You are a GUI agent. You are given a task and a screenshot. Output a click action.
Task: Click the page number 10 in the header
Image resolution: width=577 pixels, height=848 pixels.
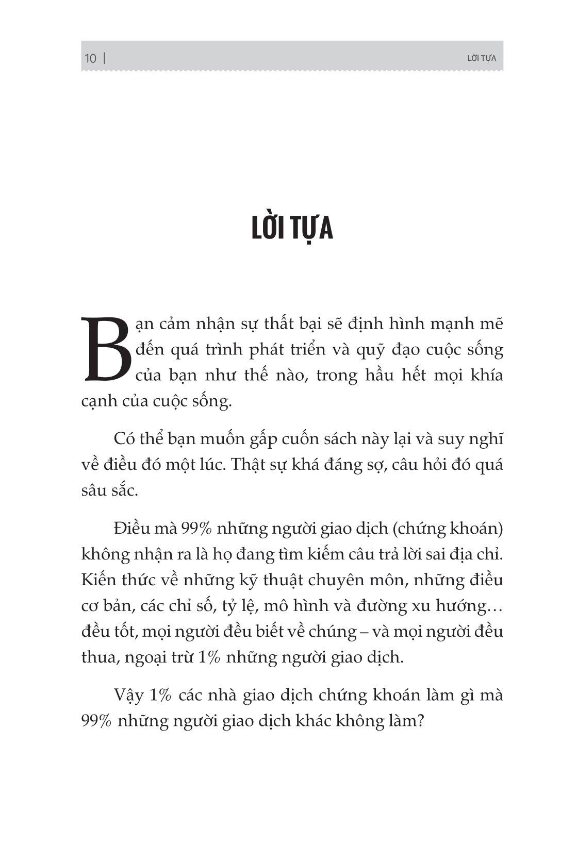[x=90, y=58]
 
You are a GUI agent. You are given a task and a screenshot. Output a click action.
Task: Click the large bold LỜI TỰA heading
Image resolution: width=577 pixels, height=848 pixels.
[x=292, y=229]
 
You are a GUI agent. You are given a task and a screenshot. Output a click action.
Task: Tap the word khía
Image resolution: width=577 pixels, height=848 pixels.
[x=487, y=376]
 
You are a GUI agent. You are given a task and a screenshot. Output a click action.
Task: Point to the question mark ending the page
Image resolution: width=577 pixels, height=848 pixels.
[x=419, y=721]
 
